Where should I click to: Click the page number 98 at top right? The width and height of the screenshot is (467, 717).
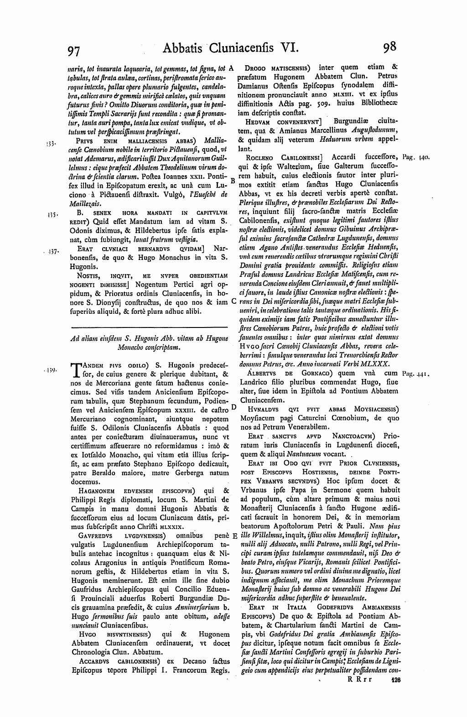pyautogui.click(x=390, y=47)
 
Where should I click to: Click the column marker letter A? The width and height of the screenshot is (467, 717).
pyautogui.click(x=231, y=68)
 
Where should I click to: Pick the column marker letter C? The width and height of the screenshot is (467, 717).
pyautogui.click(x=233, y=301)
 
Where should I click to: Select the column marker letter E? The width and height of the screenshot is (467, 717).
pyautogui.click(x=234, y=536)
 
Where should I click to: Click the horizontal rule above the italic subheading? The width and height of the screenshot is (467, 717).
pyautogui.click(x=149, y=327)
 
